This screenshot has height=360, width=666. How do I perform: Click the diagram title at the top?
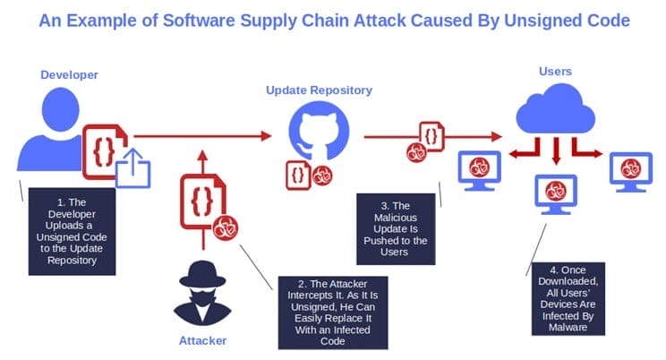333,20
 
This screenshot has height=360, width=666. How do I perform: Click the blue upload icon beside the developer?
134,169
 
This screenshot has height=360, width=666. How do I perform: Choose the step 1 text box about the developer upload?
71,231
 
